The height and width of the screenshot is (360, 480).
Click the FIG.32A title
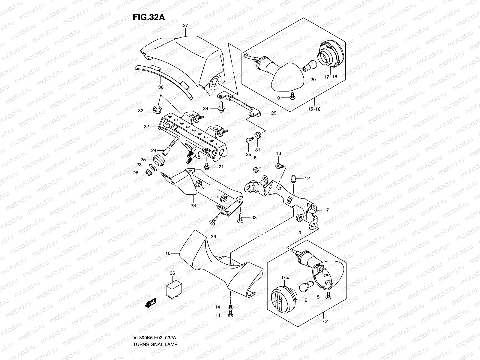pos(149,17)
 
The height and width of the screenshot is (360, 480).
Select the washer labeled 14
pos(230,307)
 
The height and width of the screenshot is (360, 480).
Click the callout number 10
pos(167,253)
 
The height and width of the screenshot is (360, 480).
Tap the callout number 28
pos(193,205)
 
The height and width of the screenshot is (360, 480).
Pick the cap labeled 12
pos(293,179)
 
